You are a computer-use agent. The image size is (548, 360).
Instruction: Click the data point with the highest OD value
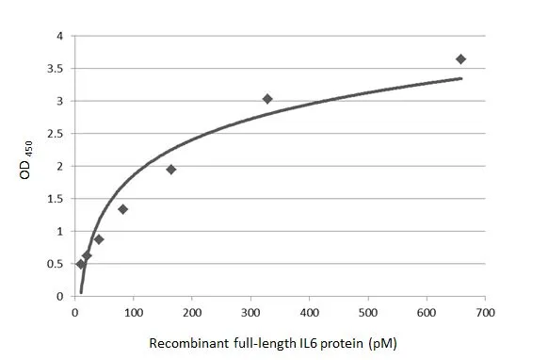point(460,59)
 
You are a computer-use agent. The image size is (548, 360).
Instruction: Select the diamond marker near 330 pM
point(267,99)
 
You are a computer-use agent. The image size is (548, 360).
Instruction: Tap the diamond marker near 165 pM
point(171,170)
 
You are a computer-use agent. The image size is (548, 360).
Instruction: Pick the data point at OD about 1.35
point(122,209)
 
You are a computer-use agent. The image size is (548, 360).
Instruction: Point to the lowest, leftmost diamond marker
point(80,264)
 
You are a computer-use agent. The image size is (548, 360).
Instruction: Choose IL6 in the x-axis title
point(307,344)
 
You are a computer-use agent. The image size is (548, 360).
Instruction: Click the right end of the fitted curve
point(461,78)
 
